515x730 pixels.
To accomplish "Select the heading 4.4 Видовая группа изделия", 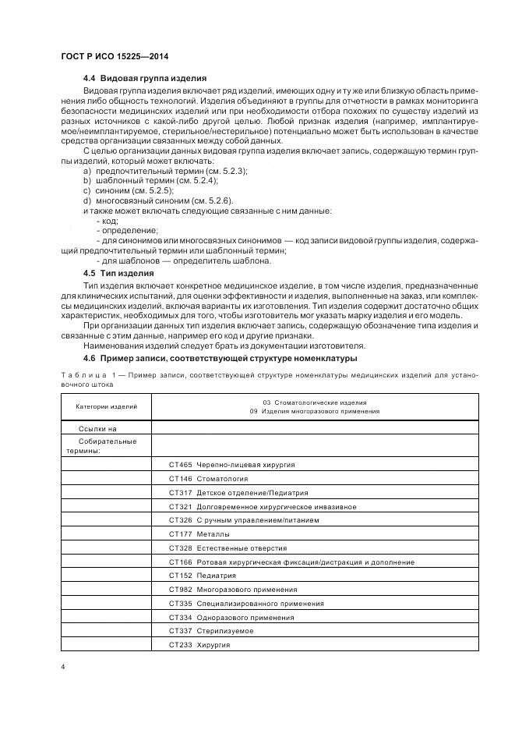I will click(x=144, y=79).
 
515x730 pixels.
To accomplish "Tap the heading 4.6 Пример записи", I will click(x=220, y=358).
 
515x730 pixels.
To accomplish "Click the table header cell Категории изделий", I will click(x=107, y=406).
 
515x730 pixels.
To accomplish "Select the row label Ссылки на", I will click(x=97, y=429).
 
